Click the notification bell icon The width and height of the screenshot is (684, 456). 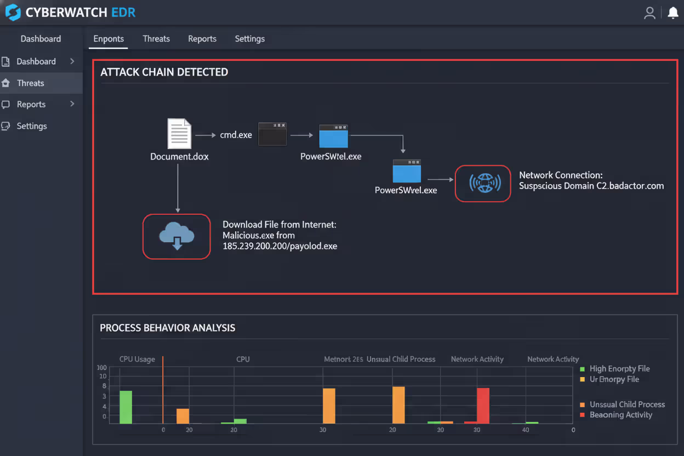(x=672, y=13)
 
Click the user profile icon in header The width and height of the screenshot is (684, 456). (x=650, y=13)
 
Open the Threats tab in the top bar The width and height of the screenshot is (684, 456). (x=156, y=39)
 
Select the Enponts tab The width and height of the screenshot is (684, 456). (x=109, y=39)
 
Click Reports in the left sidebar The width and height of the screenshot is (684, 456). (x=31, y=104)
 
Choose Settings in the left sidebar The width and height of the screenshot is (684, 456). (x=32, y=126)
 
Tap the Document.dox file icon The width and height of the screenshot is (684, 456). (x=179, y=134)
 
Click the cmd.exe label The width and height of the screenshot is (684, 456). (x=236, y=135)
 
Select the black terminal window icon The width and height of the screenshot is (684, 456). (x=272, y=134)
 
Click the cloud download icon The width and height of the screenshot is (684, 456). (x=176, y=237)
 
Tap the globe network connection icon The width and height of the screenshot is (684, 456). (x=483, y=183)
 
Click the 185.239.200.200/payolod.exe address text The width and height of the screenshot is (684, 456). (x=280, y=246)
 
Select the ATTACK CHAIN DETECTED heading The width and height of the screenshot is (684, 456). (x=164, y=72)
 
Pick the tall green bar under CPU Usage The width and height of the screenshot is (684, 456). (x=126, y=407)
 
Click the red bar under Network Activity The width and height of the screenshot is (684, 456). (x=483, y=405)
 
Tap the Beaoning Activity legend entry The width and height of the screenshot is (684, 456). (x=620, y=415)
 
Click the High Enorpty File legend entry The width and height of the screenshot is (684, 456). (x=619, y=369)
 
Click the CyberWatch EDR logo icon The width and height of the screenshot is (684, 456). (x=13, y=13)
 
